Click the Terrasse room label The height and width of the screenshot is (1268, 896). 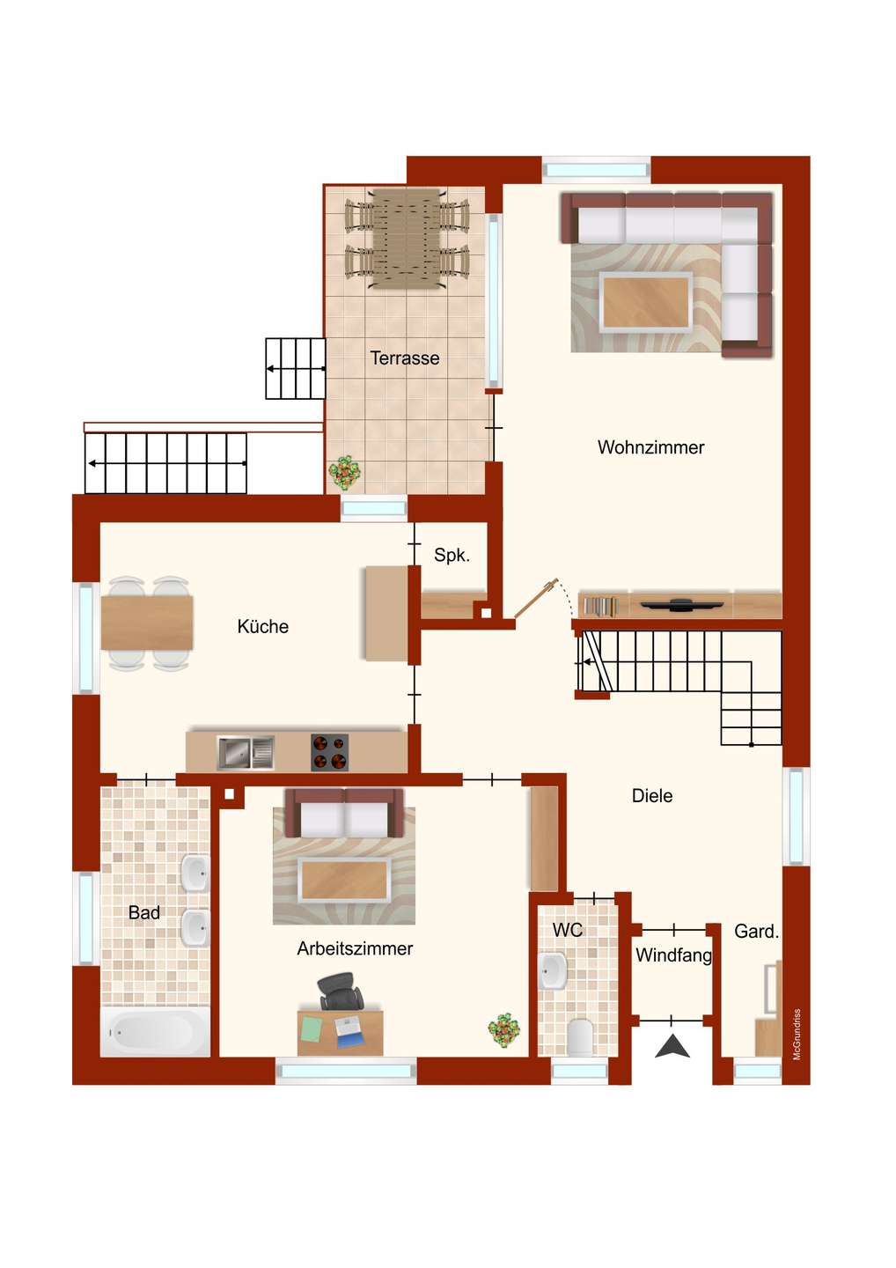[x=405, y=358]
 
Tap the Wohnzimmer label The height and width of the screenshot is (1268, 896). [x=650, y=447]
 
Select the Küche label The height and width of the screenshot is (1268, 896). [x=262, y=626]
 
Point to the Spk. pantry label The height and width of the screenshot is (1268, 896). [x=452, y=556]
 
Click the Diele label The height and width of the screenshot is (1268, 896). [x=651, y=795]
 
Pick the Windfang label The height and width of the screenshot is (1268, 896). [x=673, y=955]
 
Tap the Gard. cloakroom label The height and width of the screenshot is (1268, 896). [x=756, y=932]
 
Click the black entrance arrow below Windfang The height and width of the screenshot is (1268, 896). [x=672, y=1045]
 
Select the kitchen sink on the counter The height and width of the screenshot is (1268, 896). [x=246, y=753]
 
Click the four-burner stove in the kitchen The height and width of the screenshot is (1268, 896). [x=329, y=753]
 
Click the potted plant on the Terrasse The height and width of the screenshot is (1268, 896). [x=344, y=472]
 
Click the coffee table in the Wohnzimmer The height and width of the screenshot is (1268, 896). [x=646, y=302]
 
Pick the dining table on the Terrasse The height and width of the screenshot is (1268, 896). [x=406, y=239]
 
